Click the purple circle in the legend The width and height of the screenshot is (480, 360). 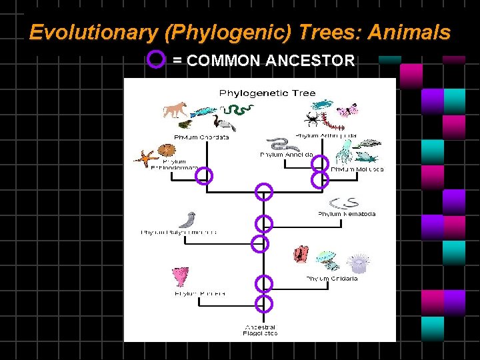[x=155, y=61]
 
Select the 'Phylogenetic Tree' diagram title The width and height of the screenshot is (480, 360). [x=268, y=93]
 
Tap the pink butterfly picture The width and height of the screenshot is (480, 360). [x=348, y=110]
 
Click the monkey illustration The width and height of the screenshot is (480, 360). [x=175, y=109]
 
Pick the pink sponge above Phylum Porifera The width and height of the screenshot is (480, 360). [x=181, y=276]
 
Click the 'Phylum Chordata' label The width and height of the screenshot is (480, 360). [x=201, y=137]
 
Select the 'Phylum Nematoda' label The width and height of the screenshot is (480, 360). [x=347, y=214]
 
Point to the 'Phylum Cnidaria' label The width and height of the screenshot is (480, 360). [x=332, y=278]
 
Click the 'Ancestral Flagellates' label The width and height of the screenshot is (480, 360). [x=261, y=330]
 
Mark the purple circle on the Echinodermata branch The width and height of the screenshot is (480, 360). [x=205, y=176]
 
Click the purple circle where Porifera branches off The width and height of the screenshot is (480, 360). [x=264, y=303]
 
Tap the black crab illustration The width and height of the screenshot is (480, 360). [x=311, y=120]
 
